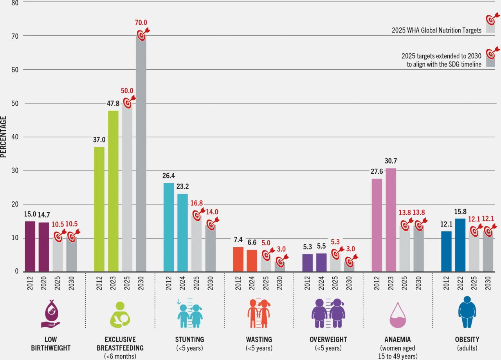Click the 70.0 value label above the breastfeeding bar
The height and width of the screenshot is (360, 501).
[141, 23]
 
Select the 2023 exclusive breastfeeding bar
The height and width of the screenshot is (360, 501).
[113, 191]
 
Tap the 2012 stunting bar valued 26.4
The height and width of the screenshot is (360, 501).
[169, 227]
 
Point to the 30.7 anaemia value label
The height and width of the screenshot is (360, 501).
[391, 161]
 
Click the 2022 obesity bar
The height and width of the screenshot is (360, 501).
[460, 245]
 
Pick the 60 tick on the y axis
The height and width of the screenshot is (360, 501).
[15, 70]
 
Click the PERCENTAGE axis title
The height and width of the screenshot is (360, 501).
[4, 137]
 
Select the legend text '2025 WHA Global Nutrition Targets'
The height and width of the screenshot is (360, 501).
[436, 30]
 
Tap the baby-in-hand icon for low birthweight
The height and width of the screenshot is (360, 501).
[51, 314]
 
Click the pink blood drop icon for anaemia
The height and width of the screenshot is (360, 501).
[398, 315]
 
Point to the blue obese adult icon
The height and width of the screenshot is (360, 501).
[467, 312]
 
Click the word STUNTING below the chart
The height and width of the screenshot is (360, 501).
[189, 339]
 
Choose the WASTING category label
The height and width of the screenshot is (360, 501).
[259, 339]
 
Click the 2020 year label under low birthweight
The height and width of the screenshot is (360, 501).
[44, 283]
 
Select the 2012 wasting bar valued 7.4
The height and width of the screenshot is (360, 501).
[238, 259]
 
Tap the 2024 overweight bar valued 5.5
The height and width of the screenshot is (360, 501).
[321, 263]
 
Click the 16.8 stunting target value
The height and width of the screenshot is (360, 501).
[196, 203]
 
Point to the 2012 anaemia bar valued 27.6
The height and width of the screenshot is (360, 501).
[377, 225]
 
